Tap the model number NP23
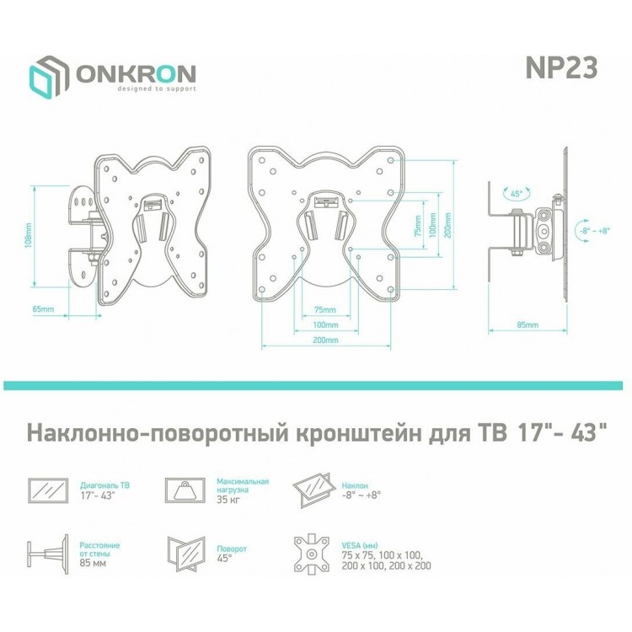point(561,67)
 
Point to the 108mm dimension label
point(28,236)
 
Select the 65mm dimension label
point(43,309)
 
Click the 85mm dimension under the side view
point(528,325)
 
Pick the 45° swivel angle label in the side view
point(517,194)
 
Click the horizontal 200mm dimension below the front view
point(325,340)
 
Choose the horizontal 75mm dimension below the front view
point(325,310)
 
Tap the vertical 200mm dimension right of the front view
point(447,225)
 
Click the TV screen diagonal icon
point(48,490)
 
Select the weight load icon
point(185,490)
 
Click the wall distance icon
point(47,554)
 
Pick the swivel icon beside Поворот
point(186,554)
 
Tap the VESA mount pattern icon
point(312,554)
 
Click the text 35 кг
point(228,500)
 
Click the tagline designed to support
point(157,88)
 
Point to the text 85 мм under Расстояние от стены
point(93,563)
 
